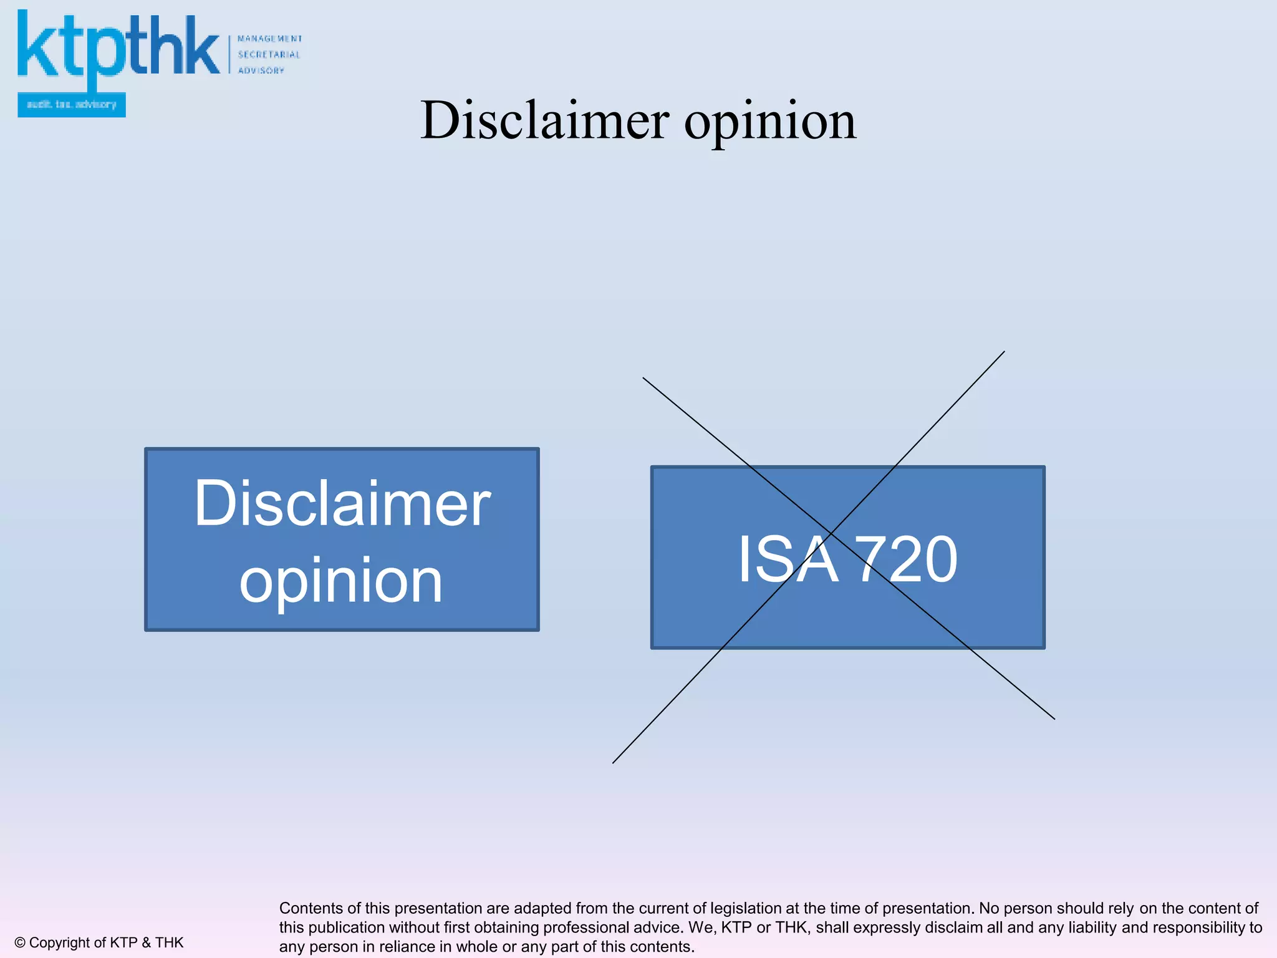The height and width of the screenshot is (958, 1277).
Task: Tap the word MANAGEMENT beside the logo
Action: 269,39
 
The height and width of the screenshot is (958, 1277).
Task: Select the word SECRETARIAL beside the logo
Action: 269,55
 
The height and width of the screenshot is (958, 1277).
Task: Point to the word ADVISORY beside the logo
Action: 261,70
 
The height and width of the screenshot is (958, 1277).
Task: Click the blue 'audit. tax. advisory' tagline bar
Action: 72,105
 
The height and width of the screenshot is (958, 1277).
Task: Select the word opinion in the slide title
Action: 770,121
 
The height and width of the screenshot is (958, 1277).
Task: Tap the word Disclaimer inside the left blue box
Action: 342,503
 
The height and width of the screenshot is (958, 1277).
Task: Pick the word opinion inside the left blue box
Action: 341,580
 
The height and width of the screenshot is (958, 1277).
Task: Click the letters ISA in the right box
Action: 788,559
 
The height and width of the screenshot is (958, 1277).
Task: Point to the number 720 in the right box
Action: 905,559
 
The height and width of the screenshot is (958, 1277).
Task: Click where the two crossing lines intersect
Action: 832,533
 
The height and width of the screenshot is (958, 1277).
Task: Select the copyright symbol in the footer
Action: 20,942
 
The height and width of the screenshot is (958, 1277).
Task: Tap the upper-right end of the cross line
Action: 1005,352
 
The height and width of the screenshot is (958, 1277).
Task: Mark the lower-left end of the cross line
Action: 613,763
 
